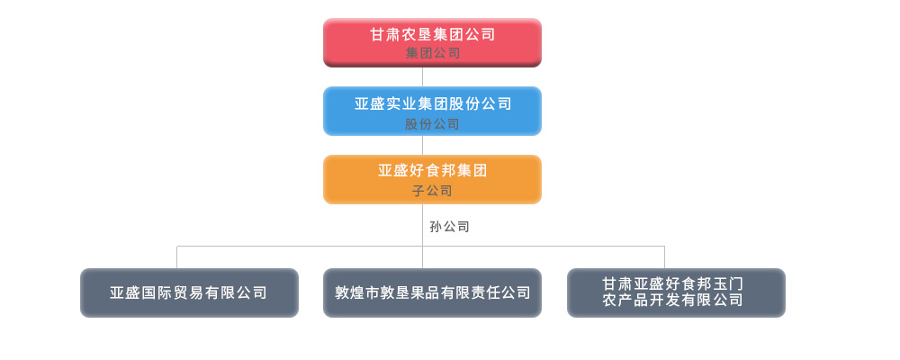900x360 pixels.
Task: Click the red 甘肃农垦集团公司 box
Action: (432, 42)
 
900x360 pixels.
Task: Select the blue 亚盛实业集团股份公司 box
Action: (432, 111)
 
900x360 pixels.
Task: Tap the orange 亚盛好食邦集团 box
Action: (432, 179)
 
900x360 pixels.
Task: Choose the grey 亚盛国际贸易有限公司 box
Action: (189, 292)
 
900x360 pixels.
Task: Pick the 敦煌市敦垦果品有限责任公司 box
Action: (432, 292)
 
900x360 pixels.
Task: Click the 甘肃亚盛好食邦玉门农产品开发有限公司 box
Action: (676, 292)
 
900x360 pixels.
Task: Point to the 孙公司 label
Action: (449, 227)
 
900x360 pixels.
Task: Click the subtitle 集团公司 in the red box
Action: (433, 53)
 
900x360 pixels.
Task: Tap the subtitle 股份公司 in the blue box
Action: (432, 124)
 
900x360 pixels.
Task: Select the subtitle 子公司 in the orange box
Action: (432, 191)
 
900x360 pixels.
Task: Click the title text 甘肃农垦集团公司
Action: (432, 34)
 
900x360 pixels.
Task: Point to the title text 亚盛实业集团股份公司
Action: (433, 103)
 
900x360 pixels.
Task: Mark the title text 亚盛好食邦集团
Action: (432, 170)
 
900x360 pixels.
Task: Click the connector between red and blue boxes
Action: (422, 76)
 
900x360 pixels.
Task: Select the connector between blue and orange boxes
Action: (422, 145)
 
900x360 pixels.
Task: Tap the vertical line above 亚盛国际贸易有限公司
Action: (176, 257)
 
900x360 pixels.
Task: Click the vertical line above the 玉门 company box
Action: (665, 257)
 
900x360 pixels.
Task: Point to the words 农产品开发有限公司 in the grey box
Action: (672, 301)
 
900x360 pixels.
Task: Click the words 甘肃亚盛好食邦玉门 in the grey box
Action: (672, 284)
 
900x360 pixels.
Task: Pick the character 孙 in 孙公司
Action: (436, 227)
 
